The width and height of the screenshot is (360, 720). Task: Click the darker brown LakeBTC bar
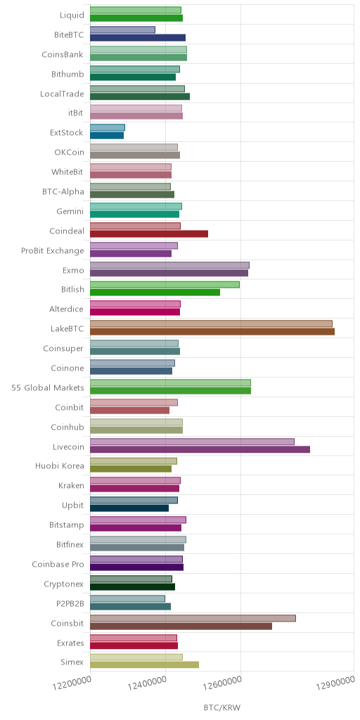212,332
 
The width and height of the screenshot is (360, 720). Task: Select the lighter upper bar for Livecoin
192,442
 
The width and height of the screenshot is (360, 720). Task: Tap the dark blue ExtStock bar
107,136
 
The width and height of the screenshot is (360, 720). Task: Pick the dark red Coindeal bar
149,233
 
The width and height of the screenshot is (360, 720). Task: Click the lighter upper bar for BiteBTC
122,30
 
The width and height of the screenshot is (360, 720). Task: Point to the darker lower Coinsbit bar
181,626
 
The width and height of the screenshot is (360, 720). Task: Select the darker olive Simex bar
144,665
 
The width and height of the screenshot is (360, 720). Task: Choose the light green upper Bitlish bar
165,285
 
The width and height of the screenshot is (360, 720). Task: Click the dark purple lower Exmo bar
169,273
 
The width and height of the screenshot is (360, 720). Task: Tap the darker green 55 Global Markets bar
170,390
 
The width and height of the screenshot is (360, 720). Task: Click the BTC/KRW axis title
221,707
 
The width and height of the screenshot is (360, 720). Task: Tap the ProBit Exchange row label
52,251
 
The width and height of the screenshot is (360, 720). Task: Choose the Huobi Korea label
60,465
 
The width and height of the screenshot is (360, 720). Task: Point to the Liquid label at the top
72,15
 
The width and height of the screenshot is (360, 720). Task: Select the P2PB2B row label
70,603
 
